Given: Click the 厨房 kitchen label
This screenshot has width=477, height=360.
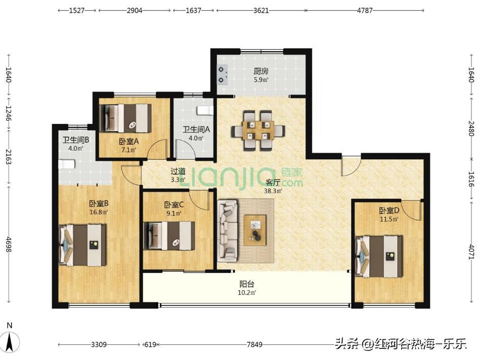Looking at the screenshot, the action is (261, 71).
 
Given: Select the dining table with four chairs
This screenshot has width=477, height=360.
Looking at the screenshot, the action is (258, 130).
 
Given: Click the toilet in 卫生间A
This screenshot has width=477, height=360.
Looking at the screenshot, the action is (205, 110).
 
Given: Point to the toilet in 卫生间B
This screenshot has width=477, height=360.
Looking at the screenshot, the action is (67, 164).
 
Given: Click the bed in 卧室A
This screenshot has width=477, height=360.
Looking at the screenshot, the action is (125, 118).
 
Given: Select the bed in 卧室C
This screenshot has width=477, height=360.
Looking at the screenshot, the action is (169, 236).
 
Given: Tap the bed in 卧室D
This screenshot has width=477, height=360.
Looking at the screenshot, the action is (379, 256).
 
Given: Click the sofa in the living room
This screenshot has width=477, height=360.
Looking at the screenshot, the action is (228, 230).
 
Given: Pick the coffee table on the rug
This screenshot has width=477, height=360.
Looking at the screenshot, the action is (255, 230).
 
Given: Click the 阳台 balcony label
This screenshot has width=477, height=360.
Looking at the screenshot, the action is (247, 284).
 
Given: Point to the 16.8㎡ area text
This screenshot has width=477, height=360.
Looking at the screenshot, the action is (99, 212).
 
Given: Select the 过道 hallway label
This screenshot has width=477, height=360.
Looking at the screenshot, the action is (178, 171).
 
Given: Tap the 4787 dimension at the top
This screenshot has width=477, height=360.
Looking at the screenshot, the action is (364, 10).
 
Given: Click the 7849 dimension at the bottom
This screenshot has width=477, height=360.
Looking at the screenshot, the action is (254, 344).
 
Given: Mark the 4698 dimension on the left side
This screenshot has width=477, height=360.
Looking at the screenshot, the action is (9, 244).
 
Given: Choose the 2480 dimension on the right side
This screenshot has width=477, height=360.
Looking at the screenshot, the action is (471, 128).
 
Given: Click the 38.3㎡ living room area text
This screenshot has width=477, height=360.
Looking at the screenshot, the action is (273, 191).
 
